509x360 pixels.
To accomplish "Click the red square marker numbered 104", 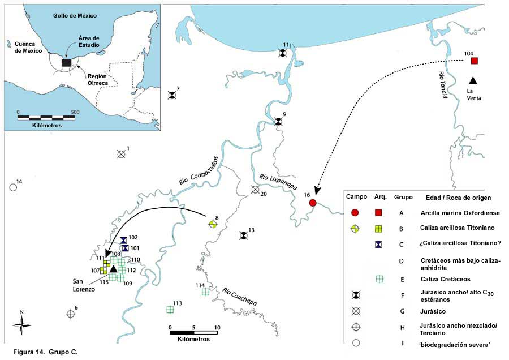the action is point(475,61).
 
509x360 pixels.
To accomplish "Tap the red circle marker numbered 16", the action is point(313,203).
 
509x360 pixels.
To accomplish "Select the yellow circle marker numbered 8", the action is point(213,224).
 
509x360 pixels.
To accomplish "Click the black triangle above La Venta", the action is point(473,80).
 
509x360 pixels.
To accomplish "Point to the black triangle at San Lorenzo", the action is point(113,269).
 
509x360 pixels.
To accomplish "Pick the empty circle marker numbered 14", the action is point(13,187).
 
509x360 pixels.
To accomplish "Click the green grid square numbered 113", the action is point(170,310).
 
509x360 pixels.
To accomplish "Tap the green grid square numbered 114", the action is point(205,292).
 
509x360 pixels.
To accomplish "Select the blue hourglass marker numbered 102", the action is point(123,241).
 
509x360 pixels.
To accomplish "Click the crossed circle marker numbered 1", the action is point(121,155).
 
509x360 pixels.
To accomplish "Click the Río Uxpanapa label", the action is point(278,182).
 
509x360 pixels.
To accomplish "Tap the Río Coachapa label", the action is point(240,297).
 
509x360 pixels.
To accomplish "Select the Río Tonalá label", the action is point(443,85).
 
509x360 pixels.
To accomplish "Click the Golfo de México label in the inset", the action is point(75,15).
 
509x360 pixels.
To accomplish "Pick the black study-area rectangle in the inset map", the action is point(66,63).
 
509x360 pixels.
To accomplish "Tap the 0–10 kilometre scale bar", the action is point(194,332).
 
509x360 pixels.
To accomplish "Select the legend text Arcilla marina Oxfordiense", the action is point(460,213).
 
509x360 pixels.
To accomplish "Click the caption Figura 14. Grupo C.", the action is point(45,352).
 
